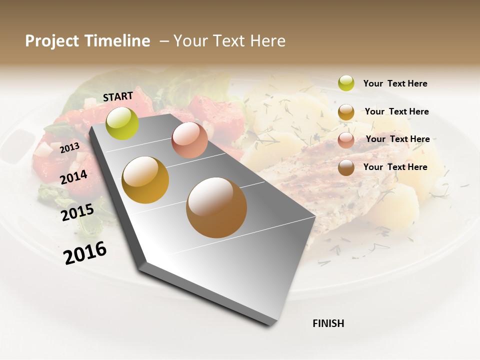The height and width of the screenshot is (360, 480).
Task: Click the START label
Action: click(118, 96)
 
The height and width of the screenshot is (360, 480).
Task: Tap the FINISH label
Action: click(328, 323)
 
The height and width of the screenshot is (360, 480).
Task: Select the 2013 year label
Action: click(69, 148)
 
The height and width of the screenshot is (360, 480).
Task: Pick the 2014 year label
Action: click(74, 177)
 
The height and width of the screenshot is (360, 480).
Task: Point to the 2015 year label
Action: click(77, 212)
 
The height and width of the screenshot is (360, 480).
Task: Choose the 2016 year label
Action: click(85, 252)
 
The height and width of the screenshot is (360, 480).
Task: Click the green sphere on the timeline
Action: click(122, 123)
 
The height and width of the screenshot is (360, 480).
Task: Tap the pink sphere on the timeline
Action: click(189, 140)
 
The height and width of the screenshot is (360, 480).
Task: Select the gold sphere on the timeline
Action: click(145, 180)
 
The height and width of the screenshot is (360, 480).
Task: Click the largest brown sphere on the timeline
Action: click(216, 207)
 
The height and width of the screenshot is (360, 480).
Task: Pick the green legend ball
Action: click(346, 83)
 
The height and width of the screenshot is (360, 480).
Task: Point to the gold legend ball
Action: click(346, 112)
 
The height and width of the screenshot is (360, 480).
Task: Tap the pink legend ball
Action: click(346, 140)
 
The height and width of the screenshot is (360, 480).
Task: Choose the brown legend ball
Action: click(346, 167)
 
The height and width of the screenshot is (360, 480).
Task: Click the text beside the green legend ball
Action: click(395, 83)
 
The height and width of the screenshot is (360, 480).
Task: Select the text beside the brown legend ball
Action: click(395, 167)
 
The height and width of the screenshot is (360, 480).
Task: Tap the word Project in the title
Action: click(51, 41)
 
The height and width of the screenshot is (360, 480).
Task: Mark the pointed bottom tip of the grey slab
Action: click(273, 324)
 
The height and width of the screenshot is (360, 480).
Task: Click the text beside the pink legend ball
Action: click(397, 139)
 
